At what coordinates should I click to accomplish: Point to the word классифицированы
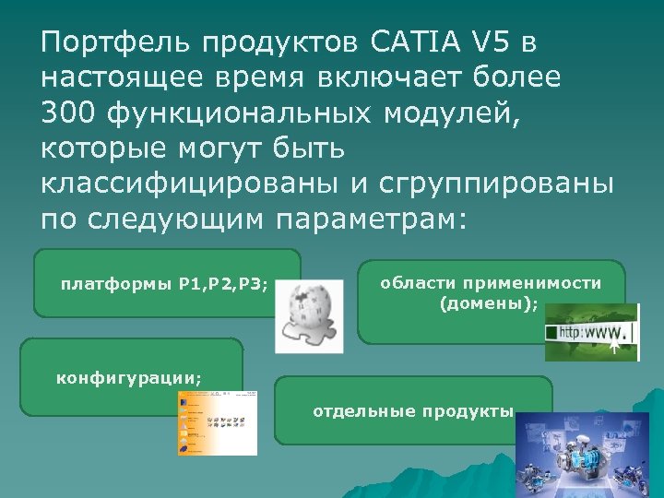click(189, 183)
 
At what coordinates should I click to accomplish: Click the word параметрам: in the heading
click(371, 219)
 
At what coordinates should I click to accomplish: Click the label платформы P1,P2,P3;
click(164, 283)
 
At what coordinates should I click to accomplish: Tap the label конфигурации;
click(129, 377)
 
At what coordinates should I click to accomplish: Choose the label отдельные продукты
click(412, 411)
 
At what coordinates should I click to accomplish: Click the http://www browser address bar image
click(590, 332)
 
